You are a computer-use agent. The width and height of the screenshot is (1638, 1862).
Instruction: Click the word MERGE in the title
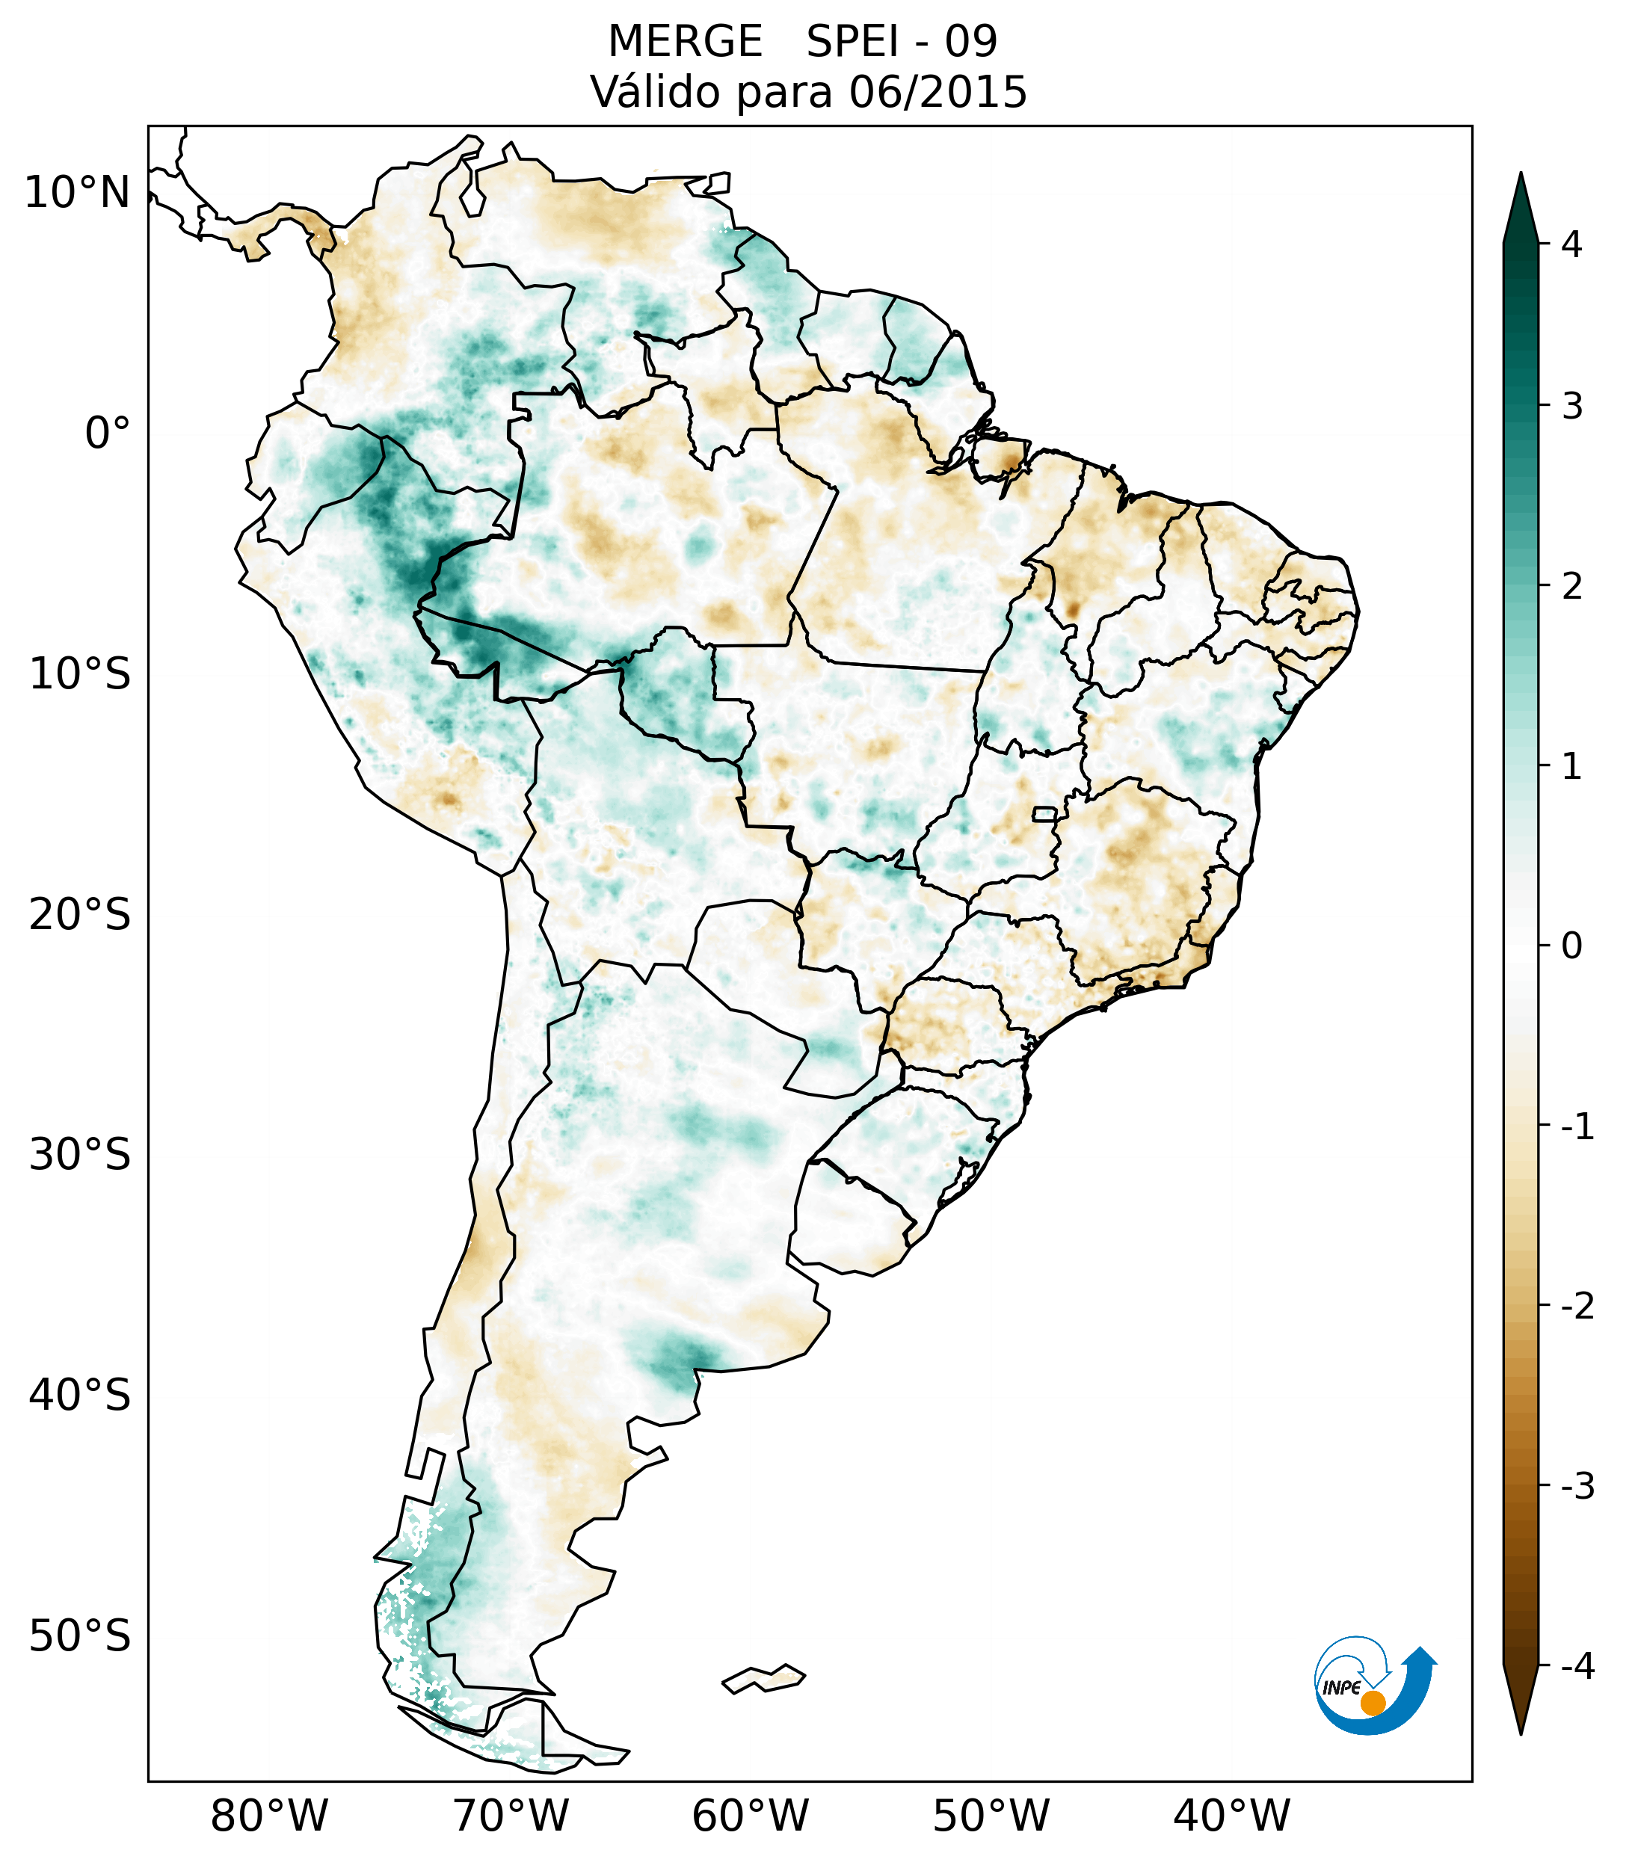pyautogui.click(x=684, y=42)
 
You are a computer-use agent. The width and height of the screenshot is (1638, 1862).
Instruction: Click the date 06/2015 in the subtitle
pyautogui.click(x=937, y=93)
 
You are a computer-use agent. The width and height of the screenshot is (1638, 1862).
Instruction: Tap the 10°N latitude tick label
pyautogui.click(x=78, y=193)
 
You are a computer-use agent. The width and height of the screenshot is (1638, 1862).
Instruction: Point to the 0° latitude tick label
pyautogui.click(x=108, y=434)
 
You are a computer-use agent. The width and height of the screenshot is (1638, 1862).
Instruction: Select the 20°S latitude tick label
pyautogui.click(x=80, y=915)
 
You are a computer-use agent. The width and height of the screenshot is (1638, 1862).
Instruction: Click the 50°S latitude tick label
pyautogui.click(x=80, y=1637)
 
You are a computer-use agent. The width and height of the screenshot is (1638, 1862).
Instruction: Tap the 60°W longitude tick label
pyautogui.click(x=750, y=1816)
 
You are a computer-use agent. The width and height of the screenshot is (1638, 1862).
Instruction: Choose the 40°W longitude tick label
pyautogui.click(x=1232, y=1816)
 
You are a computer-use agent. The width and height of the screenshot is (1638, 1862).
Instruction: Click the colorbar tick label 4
pyautogui.click(x=1571, y=244)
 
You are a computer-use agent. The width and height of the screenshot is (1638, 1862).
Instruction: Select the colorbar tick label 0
pyautogui.click(x=1571, y=946)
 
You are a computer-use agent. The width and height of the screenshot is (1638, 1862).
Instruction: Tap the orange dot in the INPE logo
pyautogui.click(x=1372, y=1702)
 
